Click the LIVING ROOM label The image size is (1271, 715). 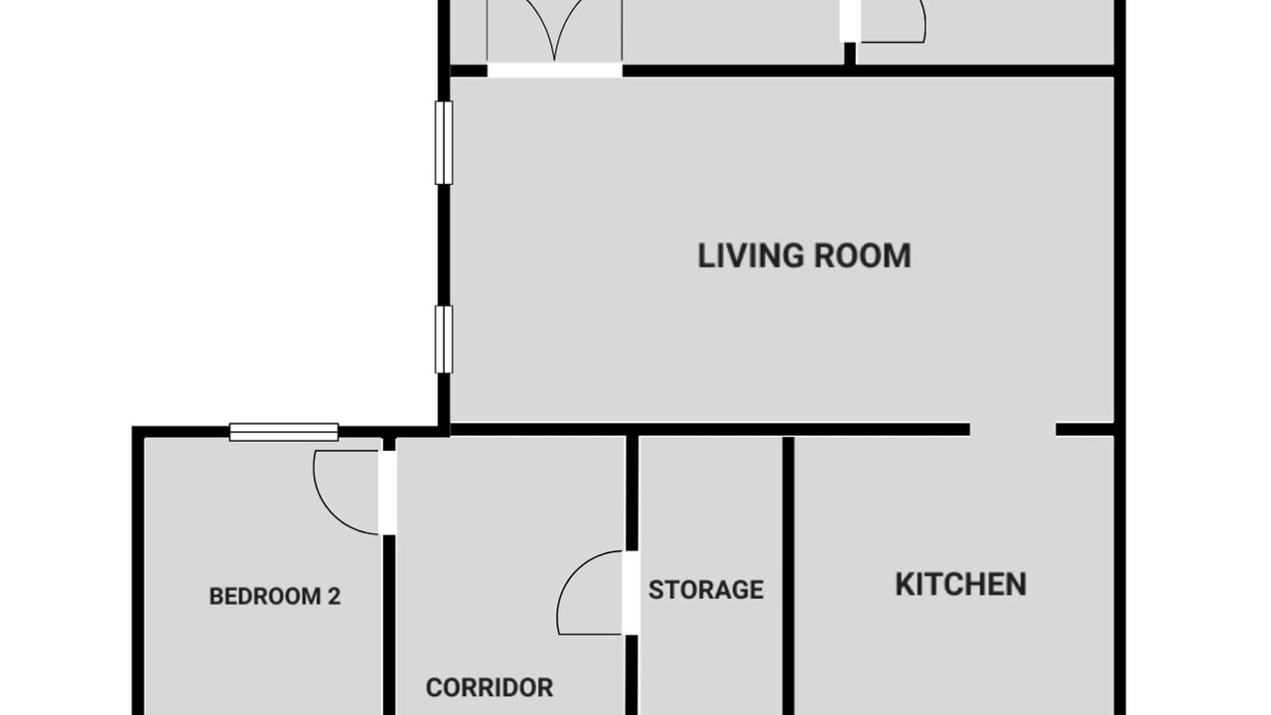[804, 255]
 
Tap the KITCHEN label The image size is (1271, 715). [960, 585]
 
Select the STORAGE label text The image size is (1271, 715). [706, 590]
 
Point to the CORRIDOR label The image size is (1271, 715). [490, 688]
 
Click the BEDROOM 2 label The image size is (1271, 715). [275, 597]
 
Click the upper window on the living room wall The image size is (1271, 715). [444, 142]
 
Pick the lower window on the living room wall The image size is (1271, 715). [444, 340]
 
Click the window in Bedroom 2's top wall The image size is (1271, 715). [284, 432]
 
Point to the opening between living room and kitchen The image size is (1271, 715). [1013, 430]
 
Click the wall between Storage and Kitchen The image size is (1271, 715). [788, 575]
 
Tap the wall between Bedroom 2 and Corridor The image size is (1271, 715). [388, 625]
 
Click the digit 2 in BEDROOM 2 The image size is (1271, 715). [335, 597]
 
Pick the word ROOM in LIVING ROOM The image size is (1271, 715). [863, 255]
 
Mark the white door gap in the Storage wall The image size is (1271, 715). [632, 593]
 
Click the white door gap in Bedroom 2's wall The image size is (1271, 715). [387, 493]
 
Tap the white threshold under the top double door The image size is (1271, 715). [555, 71]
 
